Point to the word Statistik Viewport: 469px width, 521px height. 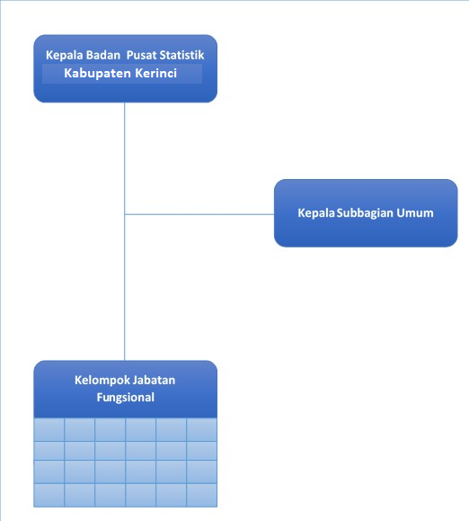[181, 55]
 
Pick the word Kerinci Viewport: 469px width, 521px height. [156, 73]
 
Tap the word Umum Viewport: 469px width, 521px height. [415, 213]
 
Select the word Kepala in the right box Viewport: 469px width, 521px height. [316, 213]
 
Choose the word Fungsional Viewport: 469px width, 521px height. [126, 398]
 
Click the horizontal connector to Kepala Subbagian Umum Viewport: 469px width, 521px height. [199, 214]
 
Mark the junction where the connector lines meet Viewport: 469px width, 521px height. [125, 214]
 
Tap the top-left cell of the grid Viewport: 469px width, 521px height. [49, 429]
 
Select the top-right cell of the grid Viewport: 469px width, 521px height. [202, 429]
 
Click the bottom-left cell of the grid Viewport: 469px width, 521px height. [49, 495]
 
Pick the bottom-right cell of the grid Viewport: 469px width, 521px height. [202, 495]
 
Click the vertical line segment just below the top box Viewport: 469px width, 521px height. [125, 158]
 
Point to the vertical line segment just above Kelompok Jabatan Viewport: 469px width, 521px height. [125, 287]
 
